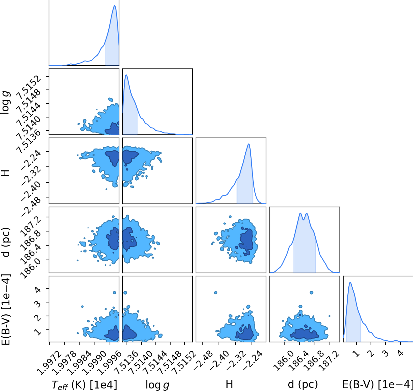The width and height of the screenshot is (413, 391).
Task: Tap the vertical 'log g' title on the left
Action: coord(5,102)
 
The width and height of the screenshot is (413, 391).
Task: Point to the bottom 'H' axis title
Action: coord(229,384)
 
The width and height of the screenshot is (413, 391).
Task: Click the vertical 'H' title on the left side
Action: coord(6,173)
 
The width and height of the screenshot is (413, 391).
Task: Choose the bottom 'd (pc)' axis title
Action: coord(302,384)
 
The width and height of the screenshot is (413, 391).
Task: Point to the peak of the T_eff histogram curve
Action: coord(115,6)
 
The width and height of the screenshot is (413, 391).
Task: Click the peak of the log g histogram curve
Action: coord(126,75)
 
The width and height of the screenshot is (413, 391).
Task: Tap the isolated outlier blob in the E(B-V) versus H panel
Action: coord(215,293)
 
